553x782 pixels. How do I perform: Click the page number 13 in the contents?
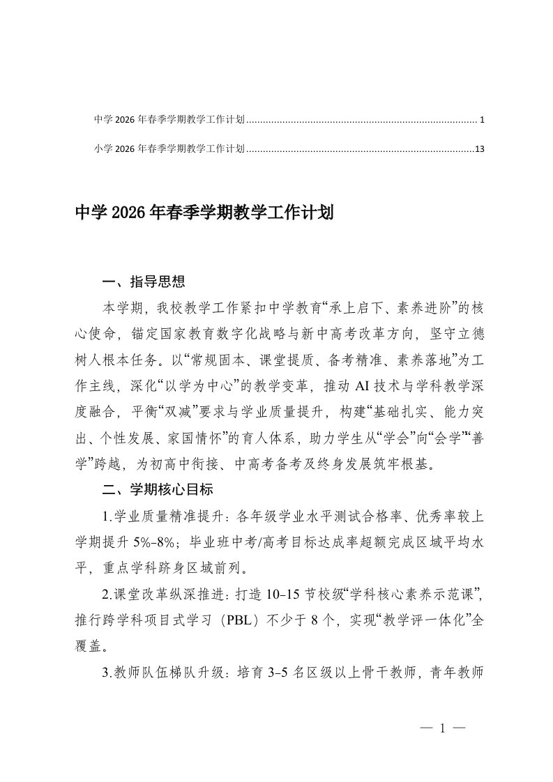coord(478,148)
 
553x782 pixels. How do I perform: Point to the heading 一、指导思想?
coord(144,282)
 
